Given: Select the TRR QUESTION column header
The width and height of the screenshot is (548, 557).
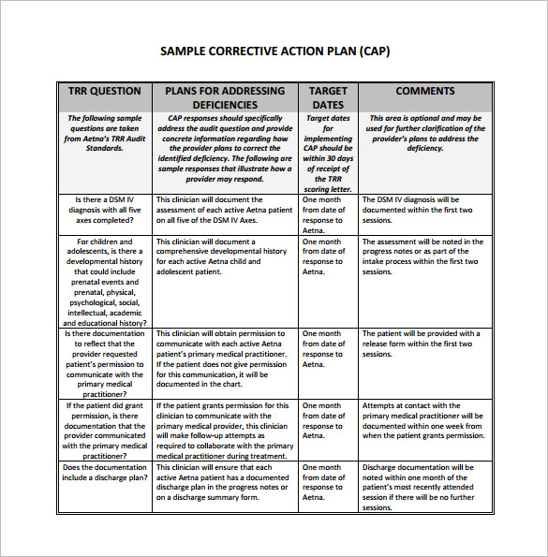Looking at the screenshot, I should tap(104, 92).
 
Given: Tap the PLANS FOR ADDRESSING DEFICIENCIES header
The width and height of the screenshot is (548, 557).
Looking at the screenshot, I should tap(225, 97).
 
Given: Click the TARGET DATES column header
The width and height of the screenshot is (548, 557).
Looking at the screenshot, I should tap(328, 97).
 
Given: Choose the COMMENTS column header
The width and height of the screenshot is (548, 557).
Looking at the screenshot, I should tap(424, 92).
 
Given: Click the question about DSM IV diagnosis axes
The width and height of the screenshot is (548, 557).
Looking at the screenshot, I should tap(104, 210).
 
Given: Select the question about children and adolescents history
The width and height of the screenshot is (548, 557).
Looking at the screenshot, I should tap(104, 281).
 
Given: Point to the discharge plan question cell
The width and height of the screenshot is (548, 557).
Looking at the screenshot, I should tap(104, 473).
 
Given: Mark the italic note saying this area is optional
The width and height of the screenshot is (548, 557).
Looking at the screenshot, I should tap(424, 133).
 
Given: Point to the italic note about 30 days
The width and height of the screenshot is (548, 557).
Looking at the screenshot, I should tap(328, 153).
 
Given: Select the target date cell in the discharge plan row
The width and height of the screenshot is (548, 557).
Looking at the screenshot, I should tap(328, 482).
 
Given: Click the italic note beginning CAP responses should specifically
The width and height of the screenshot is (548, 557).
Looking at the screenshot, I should tap(225, 148).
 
